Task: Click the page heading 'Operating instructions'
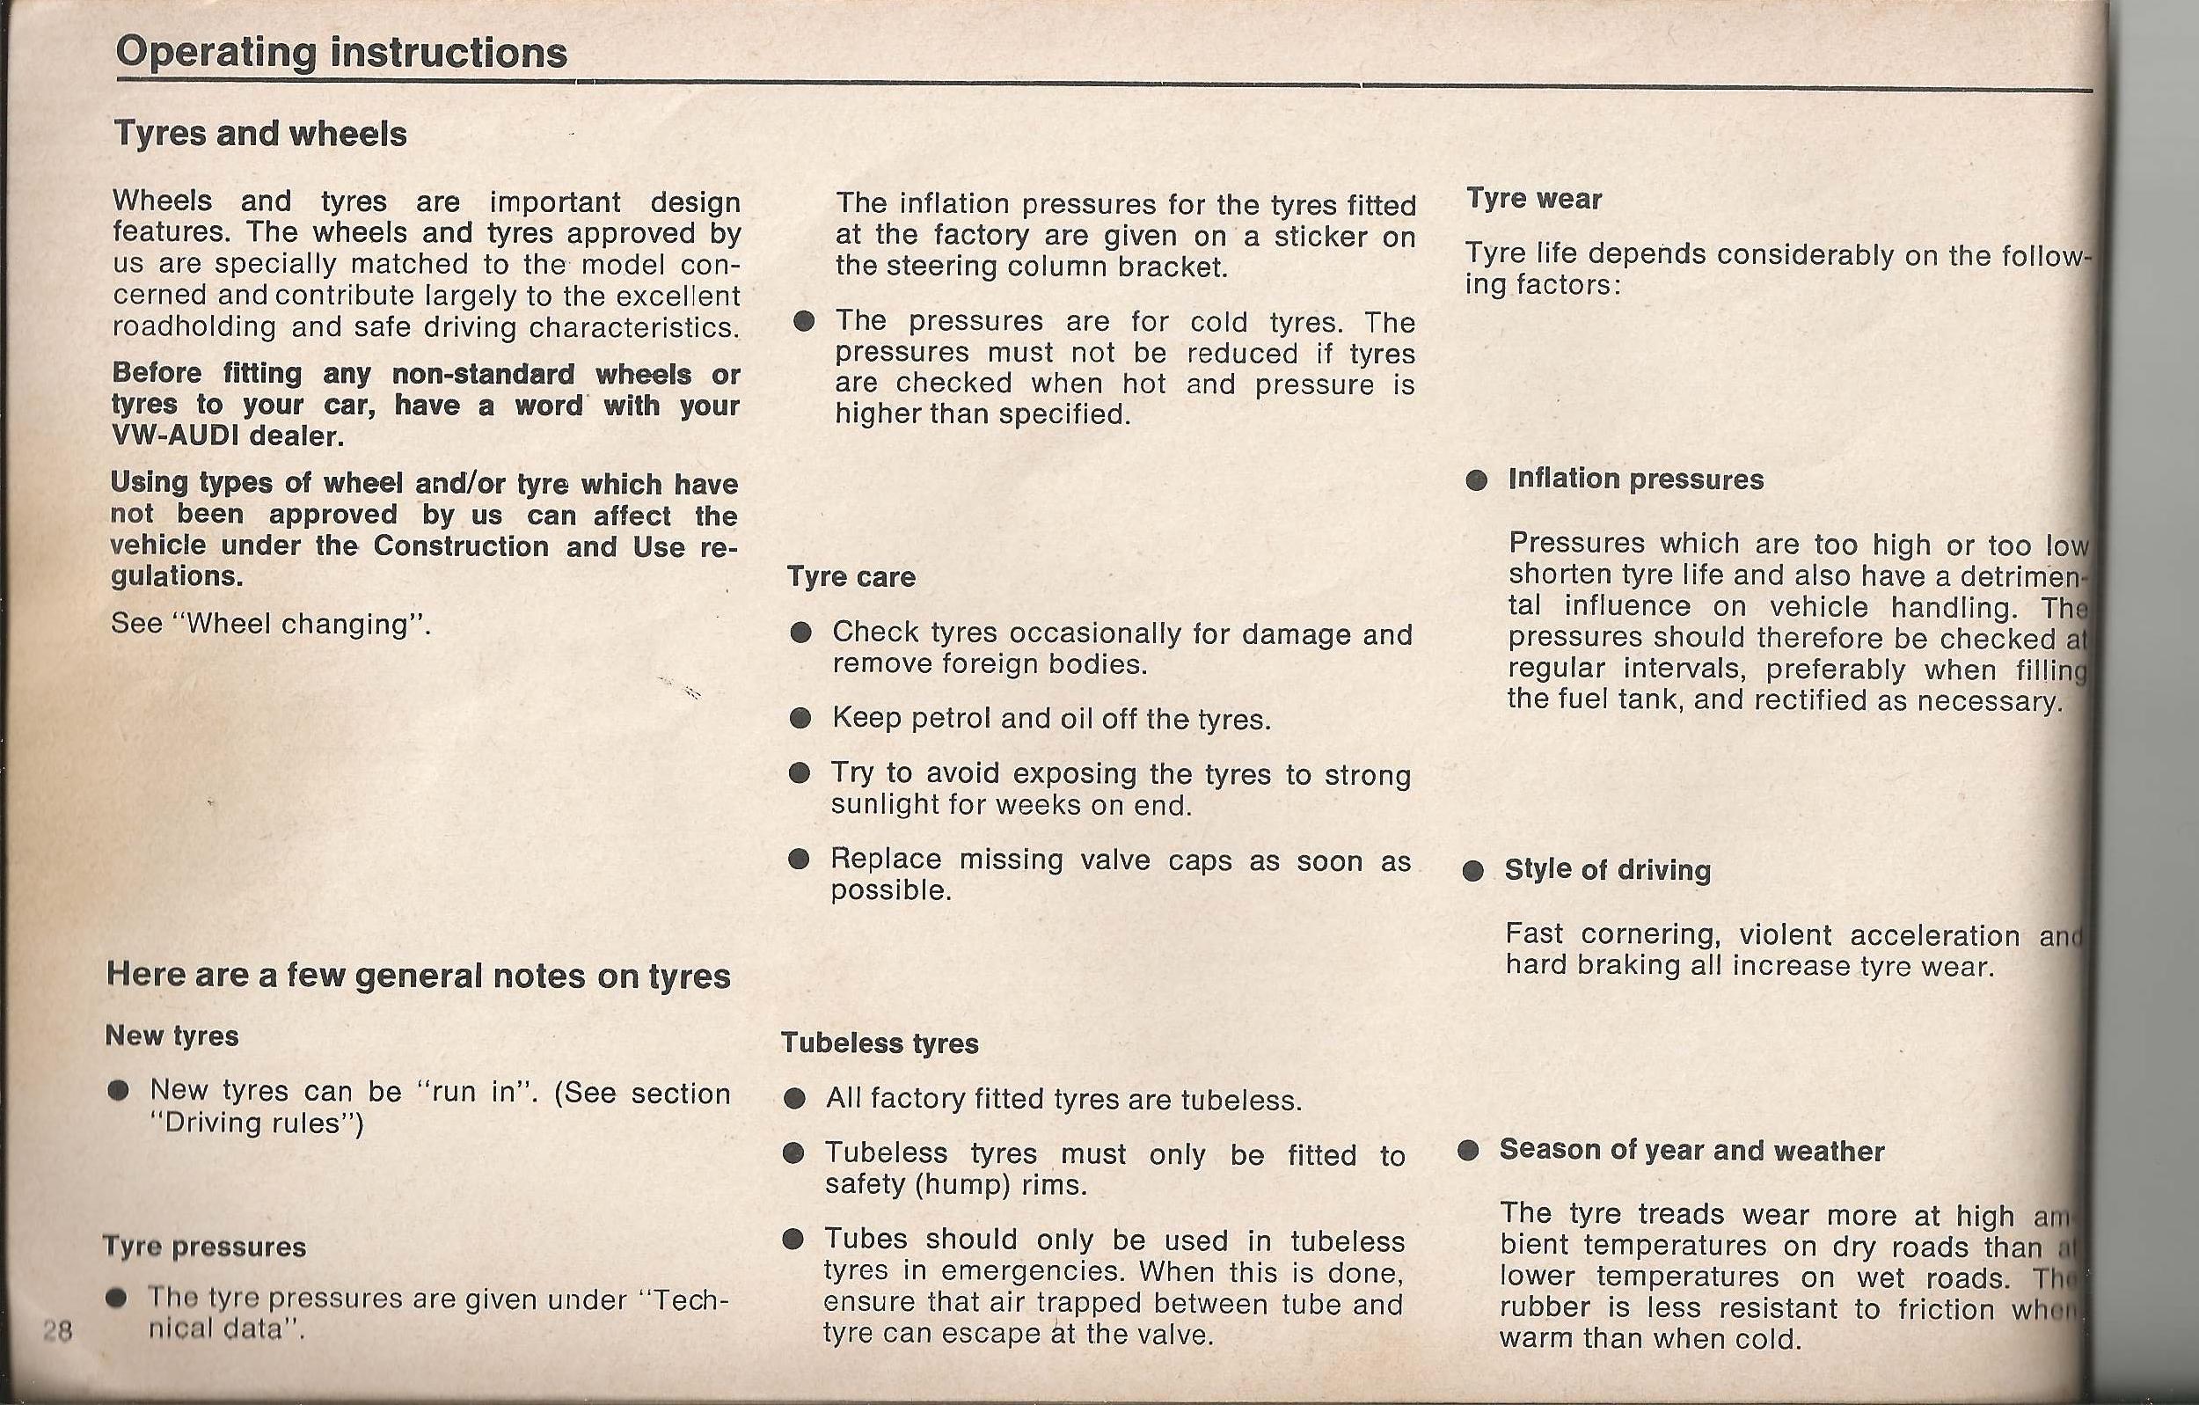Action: pyautogui.click(x=341, y=52)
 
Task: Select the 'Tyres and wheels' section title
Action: pyautogui.click(x=260, y=135)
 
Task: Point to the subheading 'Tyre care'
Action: pyautogui.click(x=851, y=577)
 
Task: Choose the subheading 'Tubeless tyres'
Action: pyautogui.click(x=880, y=1043)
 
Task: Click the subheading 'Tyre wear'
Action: pyautogui.click(x=1534, y=199)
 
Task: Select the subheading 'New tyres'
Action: pyautogui.click(x=172, y=1036)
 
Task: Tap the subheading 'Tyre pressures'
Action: pyautogui.click(x=205, y=1247)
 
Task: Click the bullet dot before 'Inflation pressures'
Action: pyautogui.click(x=1477, y=480)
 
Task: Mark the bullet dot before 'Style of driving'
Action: pyautogui.click(x=1473, y=871)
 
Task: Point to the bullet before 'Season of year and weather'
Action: pyautogui.click(x=1468, y=1150)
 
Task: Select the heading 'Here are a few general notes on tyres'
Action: pyautogui.click(x=418, y=976)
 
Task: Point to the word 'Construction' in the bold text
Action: pyautogui.click(x=460, y=546)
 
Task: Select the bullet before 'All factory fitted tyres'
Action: pyautogui.click(x=794, y=1099)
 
